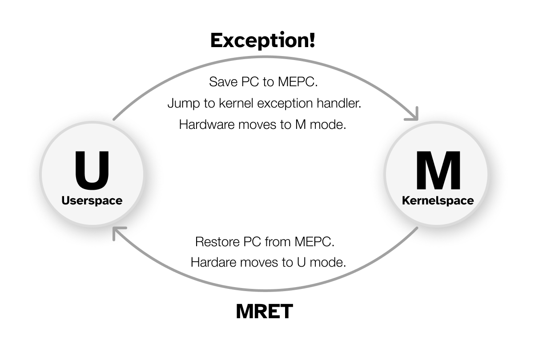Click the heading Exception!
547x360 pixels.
pos(262,40)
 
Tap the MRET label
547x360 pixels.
pos(264,312)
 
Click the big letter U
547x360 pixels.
pos(92,170)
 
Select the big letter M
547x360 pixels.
pos(438,171)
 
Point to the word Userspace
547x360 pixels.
pos(92,200)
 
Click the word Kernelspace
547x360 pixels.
pos(438,200)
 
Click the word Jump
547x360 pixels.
pos(181,104)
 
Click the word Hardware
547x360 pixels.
pos(207,124)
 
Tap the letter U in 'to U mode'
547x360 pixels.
pos(301,262)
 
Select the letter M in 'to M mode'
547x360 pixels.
pos(300,124)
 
